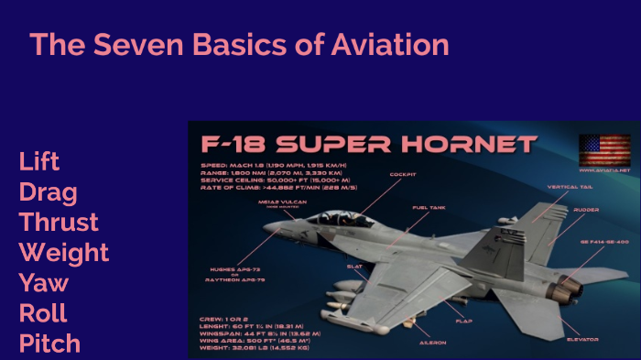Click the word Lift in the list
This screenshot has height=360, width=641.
pos(38,162)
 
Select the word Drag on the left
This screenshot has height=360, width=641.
pos(48,192)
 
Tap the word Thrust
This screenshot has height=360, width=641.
pos(59,223)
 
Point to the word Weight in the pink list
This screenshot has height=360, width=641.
pos(63,253)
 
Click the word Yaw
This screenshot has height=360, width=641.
pos(43,283)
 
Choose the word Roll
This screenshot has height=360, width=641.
pos(43,313)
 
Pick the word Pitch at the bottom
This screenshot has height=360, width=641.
pos(49,344)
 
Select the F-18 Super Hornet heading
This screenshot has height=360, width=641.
pos(368,145)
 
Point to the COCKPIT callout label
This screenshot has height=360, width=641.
pos(403,173)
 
